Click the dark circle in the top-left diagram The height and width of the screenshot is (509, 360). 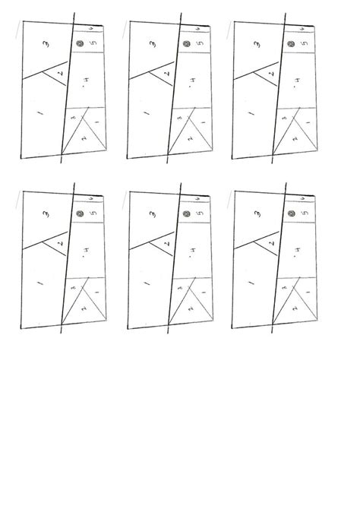[x=79, y=45]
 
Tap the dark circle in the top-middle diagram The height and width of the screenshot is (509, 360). [x=185, y=45]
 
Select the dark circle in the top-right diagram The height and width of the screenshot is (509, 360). [x=291, y=45]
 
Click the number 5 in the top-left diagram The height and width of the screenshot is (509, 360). [x=93, y=45]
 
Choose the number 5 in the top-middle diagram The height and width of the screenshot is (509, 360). [x=198, y=45]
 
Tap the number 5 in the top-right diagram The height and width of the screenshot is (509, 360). [x=305, y=45]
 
